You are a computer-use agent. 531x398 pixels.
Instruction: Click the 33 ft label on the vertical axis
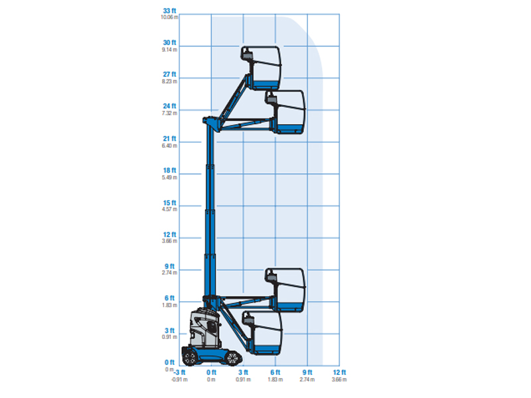[169, 11]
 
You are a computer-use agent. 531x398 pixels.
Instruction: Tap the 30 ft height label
[169, 42]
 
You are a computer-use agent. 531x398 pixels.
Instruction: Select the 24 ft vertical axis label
[169, 106]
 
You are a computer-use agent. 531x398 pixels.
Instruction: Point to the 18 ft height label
[169, 170]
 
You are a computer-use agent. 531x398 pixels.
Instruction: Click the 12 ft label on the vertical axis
[169, 235]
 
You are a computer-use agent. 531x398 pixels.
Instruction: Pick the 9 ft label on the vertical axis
[169, 267]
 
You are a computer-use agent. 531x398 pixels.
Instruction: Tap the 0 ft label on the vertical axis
[169, 362]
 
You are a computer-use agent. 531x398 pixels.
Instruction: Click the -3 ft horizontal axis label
[179, 373]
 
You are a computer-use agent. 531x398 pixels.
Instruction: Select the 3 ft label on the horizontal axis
[243, 373]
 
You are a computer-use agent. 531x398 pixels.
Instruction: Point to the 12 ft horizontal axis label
[339, 373]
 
